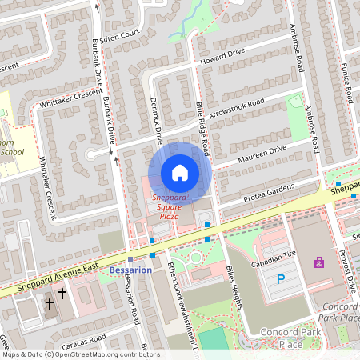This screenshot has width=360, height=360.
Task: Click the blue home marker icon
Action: (x=180, y=173)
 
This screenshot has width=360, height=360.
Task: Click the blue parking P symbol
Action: (x=280, y=278)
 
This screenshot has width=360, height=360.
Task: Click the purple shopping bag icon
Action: (x=319, y=262)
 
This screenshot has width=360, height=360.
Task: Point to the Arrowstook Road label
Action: (x=237, y=107)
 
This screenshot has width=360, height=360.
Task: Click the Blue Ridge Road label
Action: (x=202, y=127)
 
